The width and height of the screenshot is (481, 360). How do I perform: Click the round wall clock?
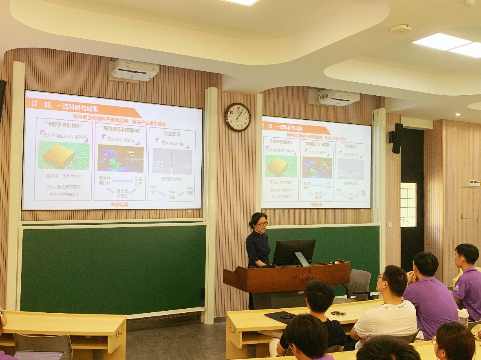[x=238, y=117]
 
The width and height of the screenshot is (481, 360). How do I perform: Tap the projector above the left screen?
[x=135, y=70]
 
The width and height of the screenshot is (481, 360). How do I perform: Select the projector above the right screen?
[x=340, y=97]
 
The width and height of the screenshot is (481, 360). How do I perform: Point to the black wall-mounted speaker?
[x=397, y=138]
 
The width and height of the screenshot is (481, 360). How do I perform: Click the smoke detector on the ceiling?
[x=401, y=29]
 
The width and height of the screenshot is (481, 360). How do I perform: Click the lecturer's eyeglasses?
[x=262, y=224]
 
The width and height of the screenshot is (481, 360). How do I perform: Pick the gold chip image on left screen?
[x=58, y=155]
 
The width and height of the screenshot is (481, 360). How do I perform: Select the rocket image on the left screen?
[x=172, y=161]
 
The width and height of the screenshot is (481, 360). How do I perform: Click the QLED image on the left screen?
[x=120, y=158]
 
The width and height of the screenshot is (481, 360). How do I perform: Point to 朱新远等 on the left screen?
[x=120, y=204]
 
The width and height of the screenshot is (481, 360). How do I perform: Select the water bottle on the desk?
[x=463, y=317]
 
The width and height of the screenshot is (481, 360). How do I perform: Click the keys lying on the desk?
[x=338, y=313]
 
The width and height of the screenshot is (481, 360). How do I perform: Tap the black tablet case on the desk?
[x=280, y=317]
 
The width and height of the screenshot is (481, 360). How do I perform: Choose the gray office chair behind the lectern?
[x=358, y=284]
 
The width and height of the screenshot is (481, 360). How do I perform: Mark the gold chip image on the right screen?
[x=280, y=166]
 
